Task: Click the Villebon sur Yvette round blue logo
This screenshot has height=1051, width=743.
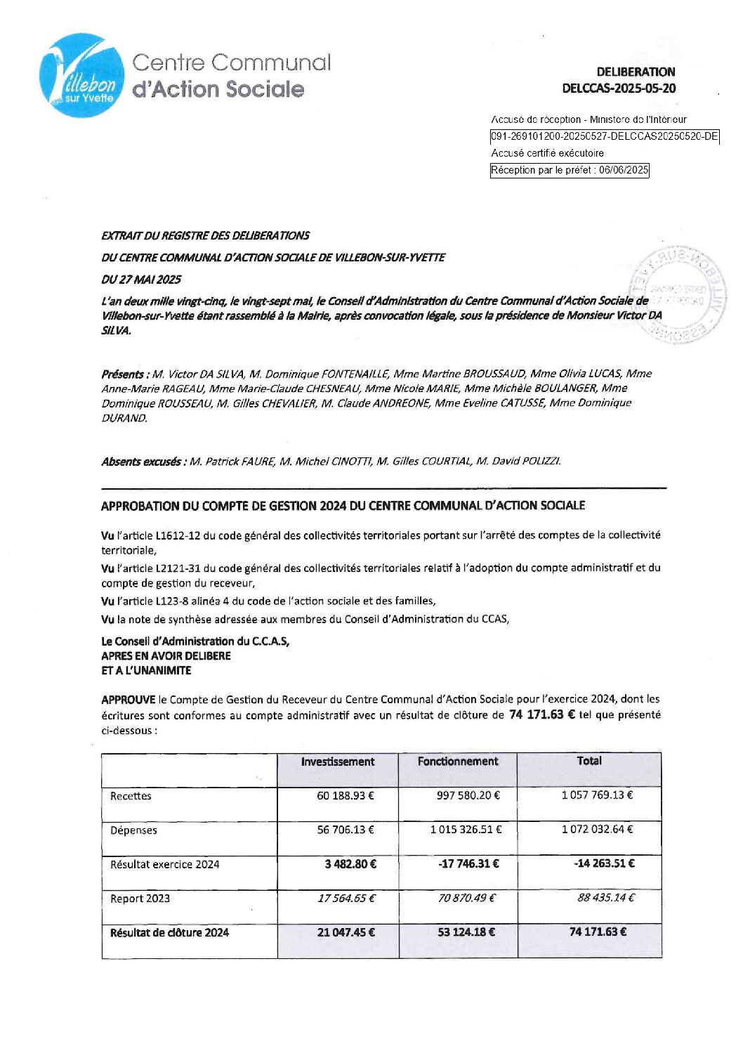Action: tap(82, 75)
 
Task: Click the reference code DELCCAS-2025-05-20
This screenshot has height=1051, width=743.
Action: tap(619, 89)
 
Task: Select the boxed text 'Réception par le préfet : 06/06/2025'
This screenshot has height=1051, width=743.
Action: tap(569, 170)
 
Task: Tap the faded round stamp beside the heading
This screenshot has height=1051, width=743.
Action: tap(677, 294)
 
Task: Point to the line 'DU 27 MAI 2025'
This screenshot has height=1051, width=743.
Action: tap(140, 280)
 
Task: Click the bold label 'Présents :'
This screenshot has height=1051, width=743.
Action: tap(124, 374)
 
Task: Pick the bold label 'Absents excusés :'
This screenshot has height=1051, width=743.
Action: tap(143, 462)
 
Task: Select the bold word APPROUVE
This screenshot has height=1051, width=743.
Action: tap(128, 700)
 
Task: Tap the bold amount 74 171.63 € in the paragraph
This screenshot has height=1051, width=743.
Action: tap(541, 715)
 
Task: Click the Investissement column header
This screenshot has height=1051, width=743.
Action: tap(338, 762)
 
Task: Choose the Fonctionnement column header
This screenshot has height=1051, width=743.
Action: tap(458, 762)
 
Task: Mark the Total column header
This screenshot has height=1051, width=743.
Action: tap(589, 761)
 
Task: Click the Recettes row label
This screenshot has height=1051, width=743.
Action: tap(131, 796)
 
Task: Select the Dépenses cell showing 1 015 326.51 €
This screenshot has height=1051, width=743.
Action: tap(466, 830)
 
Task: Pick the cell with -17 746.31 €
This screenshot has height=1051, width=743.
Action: tap(468, 864)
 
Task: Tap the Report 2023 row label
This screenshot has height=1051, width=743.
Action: tap(140, 899)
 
